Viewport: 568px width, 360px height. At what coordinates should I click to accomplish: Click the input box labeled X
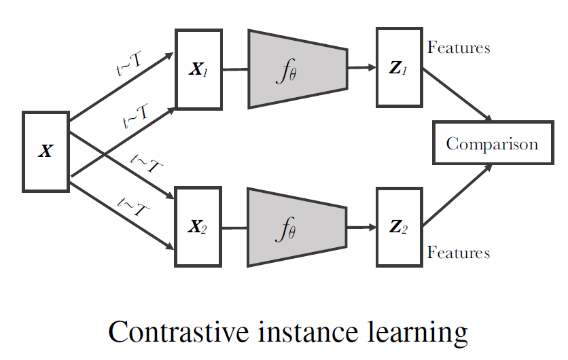coord(46,151)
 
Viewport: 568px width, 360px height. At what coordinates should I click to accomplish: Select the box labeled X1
coord(199,69)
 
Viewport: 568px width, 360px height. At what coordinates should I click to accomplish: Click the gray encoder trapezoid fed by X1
coord(298,69)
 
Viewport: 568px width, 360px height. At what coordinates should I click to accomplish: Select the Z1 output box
coord(398,68)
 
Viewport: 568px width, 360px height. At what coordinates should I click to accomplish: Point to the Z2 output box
coord(398,227)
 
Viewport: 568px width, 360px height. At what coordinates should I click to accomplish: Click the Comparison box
coord(493,144)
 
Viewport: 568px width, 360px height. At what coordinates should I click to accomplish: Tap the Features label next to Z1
coord(459,48)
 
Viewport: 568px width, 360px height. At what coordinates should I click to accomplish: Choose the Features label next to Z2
coord(459,253)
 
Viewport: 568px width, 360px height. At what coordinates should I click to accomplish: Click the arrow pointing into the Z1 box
coord(362,67)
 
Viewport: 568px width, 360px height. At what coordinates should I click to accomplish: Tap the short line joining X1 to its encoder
coord(235,69)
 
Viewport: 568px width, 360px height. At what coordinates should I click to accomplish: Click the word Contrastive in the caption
coord(173,333)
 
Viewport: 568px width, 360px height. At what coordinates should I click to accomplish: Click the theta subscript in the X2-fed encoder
coord(292,234)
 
